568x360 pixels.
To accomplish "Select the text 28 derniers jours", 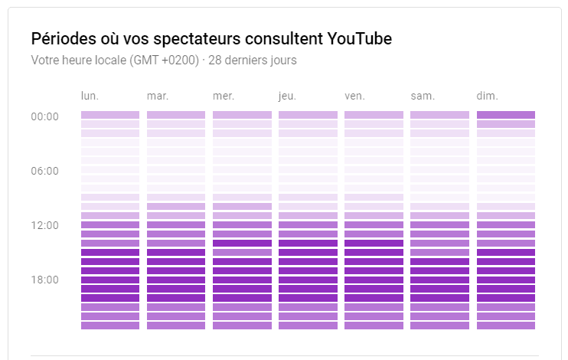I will (254, 60).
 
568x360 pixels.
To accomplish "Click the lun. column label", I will (90, 96).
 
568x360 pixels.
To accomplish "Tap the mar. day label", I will (158, 96).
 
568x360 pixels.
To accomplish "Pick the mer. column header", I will (224, 96).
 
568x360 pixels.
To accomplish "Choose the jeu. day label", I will (287, 96).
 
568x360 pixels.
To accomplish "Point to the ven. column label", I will (354, 96).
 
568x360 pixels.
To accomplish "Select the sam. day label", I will (423, 96).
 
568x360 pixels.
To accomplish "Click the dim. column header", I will (488, 96).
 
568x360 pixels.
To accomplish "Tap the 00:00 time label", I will (45, 116).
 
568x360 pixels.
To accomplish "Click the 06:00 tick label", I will (45, 171).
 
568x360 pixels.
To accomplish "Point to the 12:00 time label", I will (45, 225).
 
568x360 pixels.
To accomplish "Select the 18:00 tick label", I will (45, 280).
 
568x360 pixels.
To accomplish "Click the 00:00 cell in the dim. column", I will (506, 115).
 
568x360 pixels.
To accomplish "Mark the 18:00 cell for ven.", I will (374, 280).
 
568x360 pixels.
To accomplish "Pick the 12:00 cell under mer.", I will (242, 225).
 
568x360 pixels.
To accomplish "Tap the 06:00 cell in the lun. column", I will (110, 170).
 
